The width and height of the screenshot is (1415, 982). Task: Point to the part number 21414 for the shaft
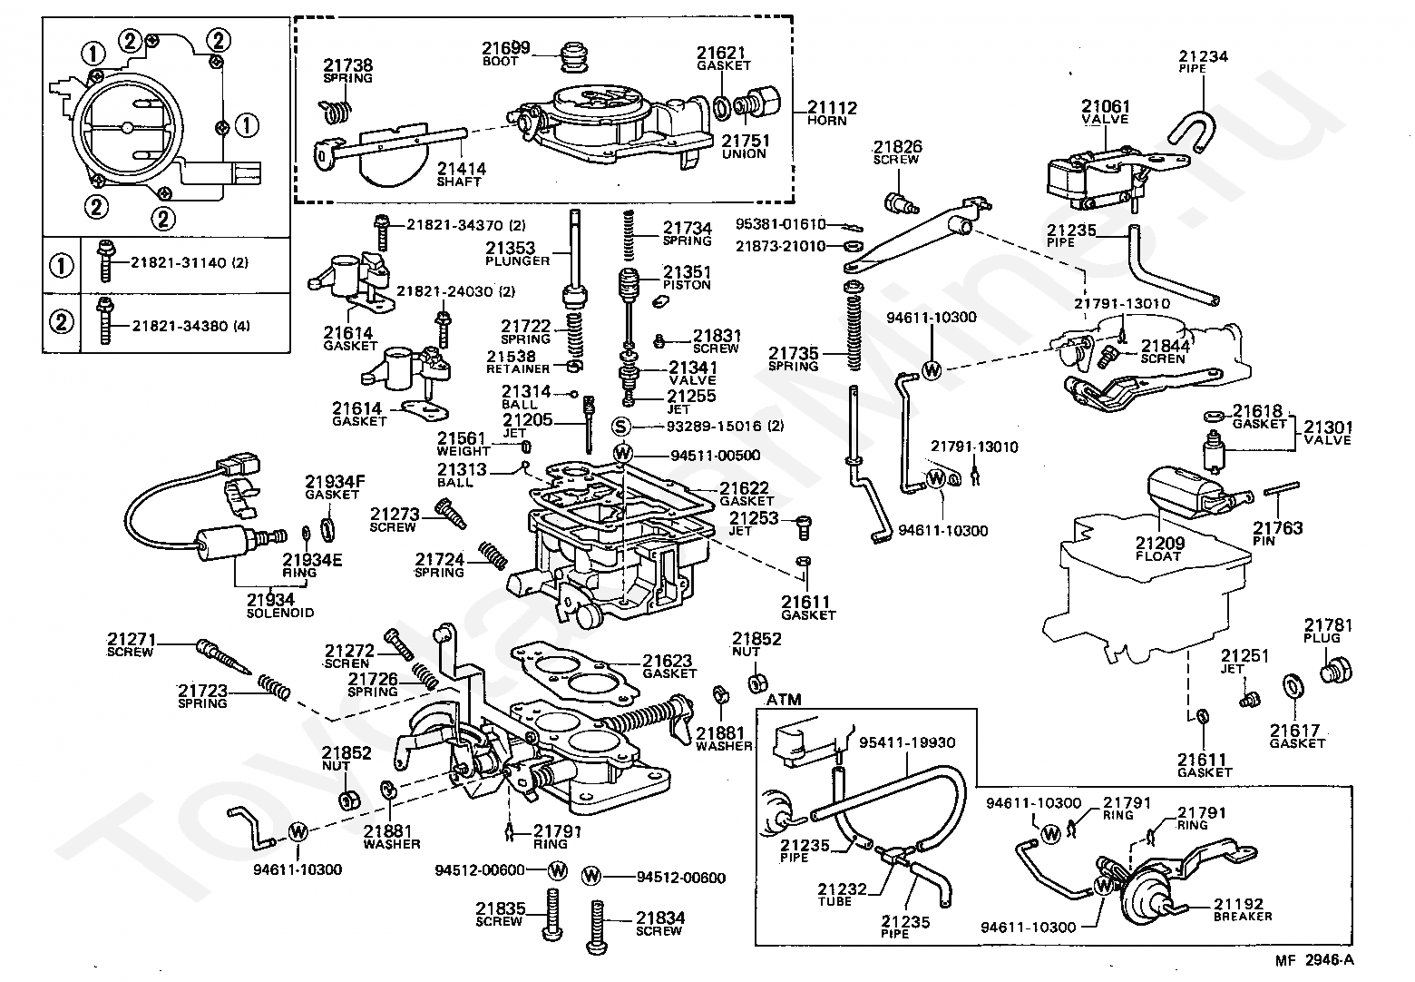461,169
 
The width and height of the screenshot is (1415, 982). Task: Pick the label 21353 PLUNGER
517,254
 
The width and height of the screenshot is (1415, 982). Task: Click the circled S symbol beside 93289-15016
621,427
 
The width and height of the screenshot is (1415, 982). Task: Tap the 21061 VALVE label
1105,113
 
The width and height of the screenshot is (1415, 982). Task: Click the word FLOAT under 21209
1158,556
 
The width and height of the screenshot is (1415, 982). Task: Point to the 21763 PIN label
1278,534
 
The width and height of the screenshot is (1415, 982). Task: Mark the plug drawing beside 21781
1333,671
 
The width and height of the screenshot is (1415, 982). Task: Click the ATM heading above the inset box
785,700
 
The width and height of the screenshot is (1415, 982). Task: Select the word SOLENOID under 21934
280,613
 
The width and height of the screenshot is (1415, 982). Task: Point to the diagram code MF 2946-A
1330,960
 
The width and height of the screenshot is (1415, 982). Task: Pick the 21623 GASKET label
668,666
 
